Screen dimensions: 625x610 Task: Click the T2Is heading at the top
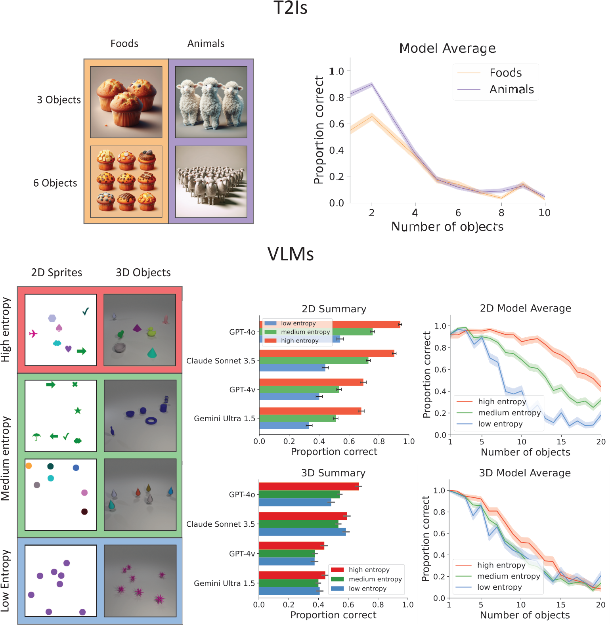click(x=290, y=8)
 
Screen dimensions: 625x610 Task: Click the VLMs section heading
click(x=290, y=254)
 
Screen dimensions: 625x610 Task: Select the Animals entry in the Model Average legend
click(x=511, y=89)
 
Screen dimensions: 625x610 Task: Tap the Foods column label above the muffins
click(x=124, y=44)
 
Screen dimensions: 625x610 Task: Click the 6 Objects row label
click(x=55, y=183)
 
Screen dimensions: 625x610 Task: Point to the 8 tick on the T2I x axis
click(x=501, y=213)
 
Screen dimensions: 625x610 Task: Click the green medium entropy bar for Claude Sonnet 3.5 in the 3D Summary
click(x=298, y=524)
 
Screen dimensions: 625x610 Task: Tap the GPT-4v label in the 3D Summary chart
click(x=242, y=554)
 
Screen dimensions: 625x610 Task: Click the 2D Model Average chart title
click(x=525, y=308)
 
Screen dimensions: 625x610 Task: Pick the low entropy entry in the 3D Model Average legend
click(x=499, y=587)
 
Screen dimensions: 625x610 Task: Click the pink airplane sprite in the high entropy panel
click(x=33, y=334)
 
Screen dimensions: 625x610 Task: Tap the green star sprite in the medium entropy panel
click(x=78, y=411)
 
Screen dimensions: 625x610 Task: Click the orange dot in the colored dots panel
click(x=29, y=466)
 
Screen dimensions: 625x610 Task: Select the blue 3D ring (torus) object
click(x=151, y=421)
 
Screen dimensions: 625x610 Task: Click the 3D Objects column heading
click(x=143, y=273)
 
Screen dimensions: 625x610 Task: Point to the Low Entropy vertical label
click(x=5, y=581)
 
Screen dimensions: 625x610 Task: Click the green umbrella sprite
click(x=36, y=437)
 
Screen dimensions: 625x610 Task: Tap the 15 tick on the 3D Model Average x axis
click(x=560, y=605)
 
